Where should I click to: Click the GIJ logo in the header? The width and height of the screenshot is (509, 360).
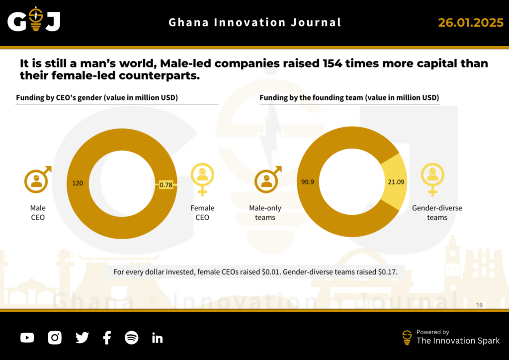(34, 21)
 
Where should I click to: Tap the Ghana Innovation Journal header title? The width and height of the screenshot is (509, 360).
(255, 22)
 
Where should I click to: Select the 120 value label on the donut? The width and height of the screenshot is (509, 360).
(78, 183)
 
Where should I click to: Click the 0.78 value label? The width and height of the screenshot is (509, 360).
(166, 185)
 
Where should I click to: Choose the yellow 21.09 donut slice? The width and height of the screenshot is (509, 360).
(395, 182)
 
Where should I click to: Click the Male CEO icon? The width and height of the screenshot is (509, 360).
(37, 180)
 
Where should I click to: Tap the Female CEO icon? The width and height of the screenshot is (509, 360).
(202, 178)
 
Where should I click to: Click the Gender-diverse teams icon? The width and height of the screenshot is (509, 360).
(432, 178)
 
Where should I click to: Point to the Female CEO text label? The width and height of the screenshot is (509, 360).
(202, 213)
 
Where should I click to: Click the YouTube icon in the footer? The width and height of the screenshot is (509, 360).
(27, 338)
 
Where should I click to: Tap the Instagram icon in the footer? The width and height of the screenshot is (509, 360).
(55, 338)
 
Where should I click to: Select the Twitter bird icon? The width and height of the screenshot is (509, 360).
(82, 338)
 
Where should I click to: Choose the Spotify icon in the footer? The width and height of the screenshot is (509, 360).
(131, 338)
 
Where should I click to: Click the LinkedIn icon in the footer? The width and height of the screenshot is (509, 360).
(157, 338)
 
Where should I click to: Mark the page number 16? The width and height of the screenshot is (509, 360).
(479, 305)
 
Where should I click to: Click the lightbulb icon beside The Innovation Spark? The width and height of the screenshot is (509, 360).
(407, 337)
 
